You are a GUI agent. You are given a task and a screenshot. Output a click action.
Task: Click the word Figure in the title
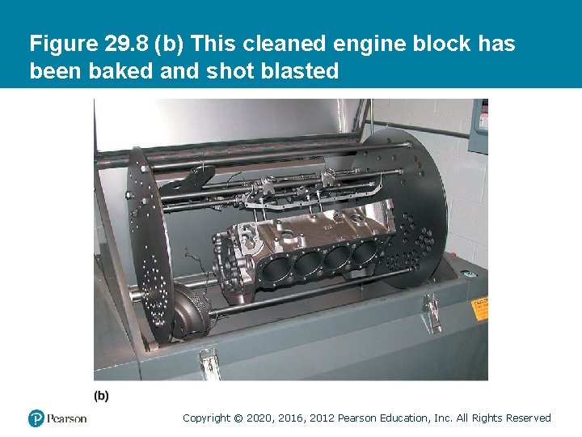(64, 44)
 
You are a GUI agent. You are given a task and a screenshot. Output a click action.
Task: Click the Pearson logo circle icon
(36, 418)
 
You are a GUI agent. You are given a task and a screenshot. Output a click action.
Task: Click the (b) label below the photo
(102, 396)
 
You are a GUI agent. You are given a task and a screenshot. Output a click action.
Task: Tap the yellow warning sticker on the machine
(480, 308)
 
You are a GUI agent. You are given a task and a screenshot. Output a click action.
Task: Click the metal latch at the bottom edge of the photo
(209, 363)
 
